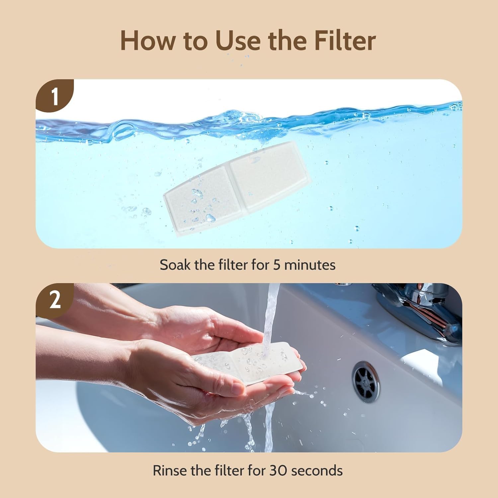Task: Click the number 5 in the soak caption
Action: (277, 265)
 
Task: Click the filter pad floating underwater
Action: (236, 188)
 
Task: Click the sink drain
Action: (367, 382)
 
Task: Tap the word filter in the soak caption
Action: (233, 265)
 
